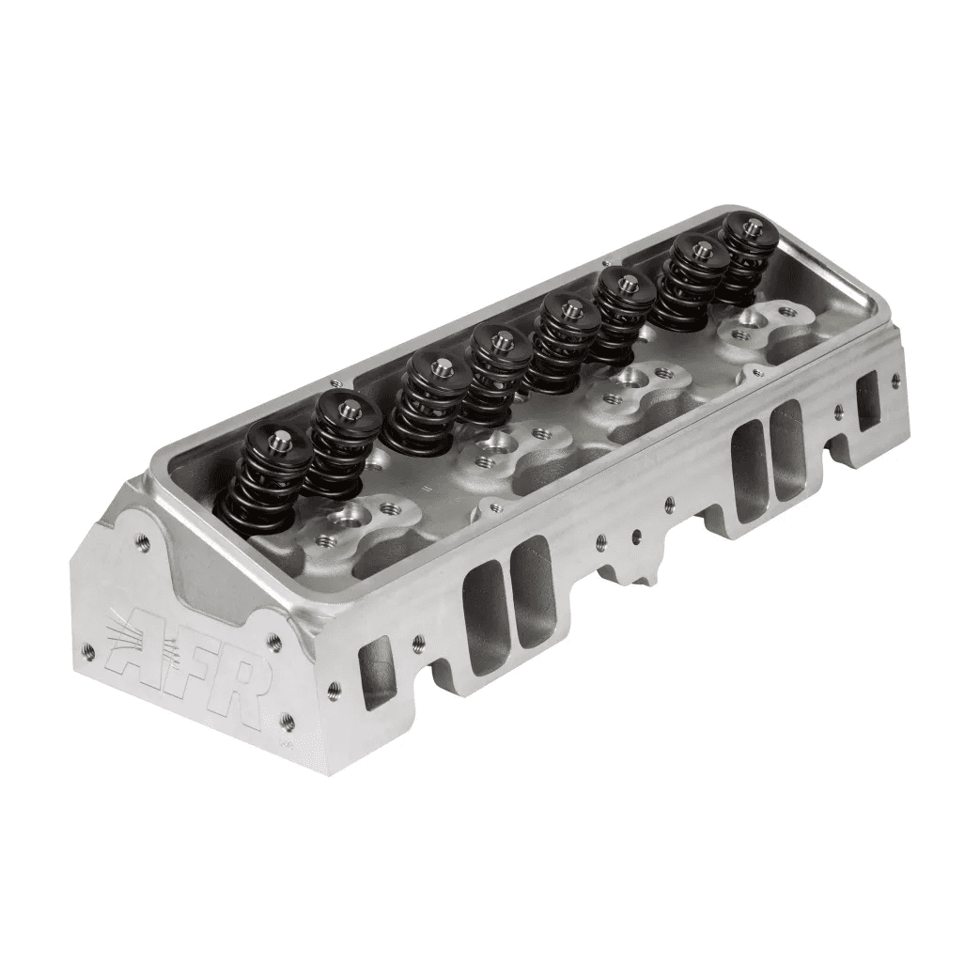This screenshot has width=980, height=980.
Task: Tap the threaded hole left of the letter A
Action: pos(88,649)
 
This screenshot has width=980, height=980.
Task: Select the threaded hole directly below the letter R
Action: pos(288,722)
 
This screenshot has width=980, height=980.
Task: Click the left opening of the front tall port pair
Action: pos(485,606)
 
